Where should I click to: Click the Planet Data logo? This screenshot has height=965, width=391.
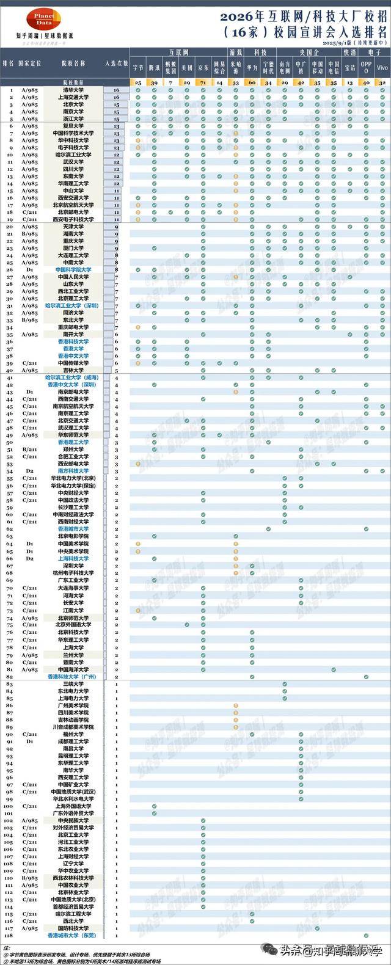coord(43,18)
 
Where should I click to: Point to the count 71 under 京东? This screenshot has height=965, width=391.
coord(203,82)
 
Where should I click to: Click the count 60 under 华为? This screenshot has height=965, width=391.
coord(252,82)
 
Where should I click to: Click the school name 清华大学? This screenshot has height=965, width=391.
coord(73,90)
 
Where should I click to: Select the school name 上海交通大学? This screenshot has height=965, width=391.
coord(73,97)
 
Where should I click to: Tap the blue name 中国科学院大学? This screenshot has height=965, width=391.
coord(73,269)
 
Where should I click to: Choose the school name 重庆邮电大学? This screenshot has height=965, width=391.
coord(73,327)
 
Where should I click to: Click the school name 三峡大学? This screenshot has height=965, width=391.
coord(73,683)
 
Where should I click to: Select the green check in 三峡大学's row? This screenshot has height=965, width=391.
coord(284,683)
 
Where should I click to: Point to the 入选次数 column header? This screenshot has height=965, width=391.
coord(116,63)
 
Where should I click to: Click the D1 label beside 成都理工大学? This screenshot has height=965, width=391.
coord(29,741)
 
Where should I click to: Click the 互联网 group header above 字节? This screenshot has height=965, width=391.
coord(178,53)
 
